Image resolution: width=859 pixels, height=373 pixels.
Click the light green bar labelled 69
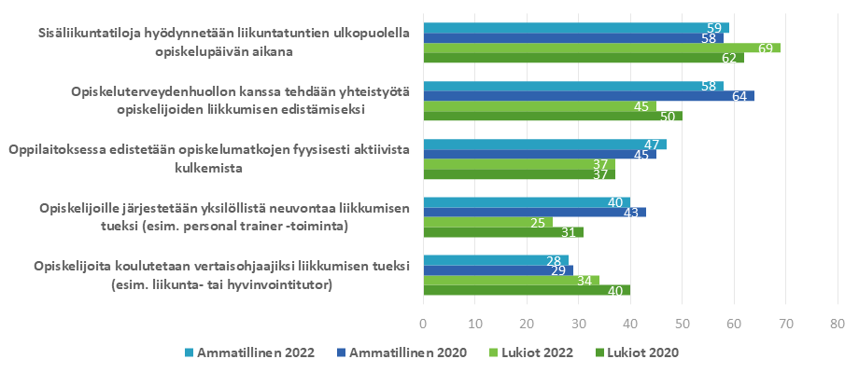click(601, 48)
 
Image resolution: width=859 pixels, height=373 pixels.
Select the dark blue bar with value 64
click(588, 95)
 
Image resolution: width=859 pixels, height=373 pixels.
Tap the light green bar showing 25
click(487, 222)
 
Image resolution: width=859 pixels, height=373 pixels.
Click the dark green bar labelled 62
click(584, 58)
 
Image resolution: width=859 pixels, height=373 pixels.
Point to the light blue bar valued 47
click(544, 145)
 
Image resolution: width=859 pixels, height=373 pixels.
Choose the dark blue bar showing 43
click(534, 212)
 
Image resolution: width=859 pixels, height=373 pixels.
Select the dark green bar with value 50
click(553, 116)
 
